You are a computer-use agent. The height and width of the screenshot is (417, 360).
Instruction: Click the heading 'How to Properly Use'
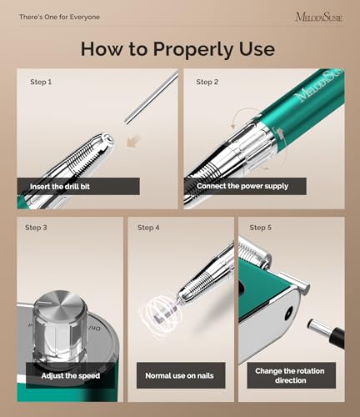(x=177, y=48)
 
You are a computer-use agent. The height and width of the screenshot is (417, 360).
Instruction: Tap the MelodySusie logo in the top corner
(x=316, y=16)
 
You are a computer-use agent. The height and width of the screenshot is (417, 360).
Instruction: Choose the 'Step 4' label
(x=147, y=228)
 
